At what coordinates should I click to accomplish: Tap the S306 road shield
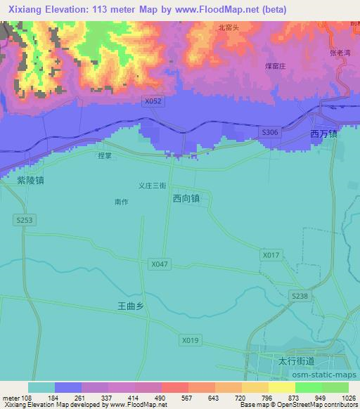coord(269,131)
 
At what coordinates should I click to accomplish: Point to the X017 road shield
coord(270,254)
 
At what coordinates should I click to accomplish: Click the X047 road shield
coord(159,264)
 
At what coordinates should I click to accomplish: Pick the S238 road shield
coord(300,297)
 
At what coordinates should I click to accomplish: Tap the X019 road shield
coord(190,341)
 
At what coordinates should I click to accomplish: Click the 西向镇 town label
coord(186,199)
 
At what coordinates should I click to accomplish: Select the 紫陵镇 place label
coord(31,180)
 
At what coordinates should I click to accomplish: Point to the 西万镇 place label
coord(324,134)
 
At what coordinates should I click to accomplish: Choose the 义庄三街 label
coord(151,186)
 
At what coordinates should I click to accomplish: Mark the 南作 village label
coord(121,202)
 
